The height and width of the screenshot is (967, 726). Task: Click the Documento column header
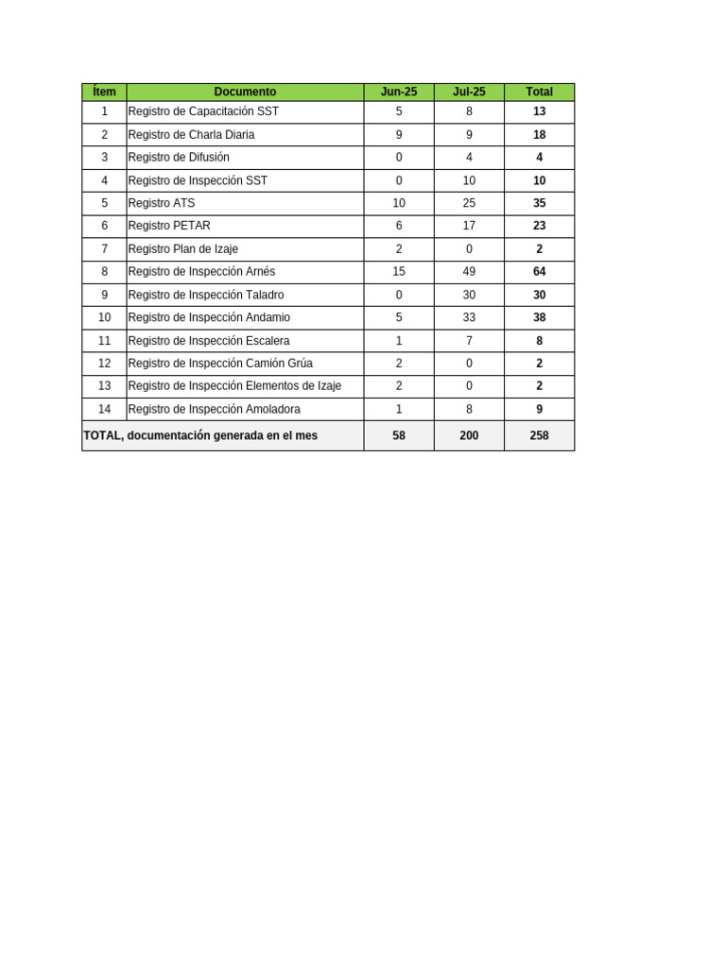pos(245,92)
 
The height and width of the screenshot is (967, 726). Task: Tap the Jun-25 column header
pos(398,92)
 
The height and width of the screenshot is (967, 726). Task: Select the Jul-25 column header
pos(469,92)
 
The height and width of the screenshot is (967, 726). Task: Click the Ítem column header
pos(104,92)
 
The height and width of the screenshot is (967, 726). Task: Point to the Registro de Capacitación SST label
pos(203,111)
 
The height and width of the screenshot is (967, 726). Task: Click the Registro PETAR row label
pos(169,226)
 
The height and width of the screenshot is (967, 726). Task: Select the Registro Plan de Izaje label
pos(182,249)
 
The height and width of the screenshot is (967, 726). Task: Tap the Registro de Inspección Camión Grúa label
pos(220,364)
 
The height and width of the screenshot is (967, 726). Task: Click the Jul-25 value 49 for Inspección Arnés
pos(469,272)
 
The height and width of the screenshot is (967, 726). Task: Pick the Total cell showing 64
pos(539,272)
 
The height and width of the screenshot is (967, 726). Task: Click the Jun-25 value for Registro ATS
pos(398,203)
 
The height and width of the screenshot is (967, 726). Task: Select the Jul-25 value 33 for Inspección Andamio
pos(469,317)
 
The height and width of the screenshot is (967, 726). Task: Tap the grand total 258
pos(539,435)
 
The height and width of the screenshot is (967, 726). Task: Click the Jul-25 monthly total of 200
pos(469,435)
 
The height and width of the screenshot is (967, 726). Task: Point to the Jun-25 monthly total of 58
pos(398,435)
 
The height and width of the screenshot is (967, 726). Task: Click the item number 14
pos(104,409)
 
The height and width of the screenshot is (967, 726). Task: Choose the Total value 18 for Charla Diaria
pos(539,135)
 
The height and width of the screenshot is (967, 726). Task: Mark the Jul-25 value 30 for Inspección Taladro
pos(469,295)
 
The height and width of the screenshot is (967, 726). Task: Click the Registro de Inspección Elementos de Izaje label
pos(234,386)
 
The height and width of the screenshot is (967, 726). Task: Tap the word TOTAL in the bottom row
pos(101,435)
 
